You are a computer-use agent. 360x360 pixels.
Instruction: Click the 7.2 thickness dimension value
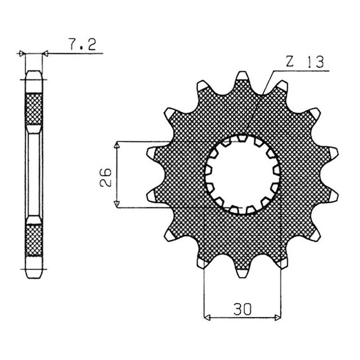click(82, 44)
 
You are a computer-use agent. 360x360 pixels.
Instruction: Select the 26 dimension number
click(106, 177)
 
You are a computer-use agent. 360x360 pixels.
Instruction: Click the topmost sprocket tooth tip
click(243, 73)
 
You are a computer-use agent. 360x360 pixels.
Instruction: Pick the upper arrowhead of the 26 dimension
click(117, 144)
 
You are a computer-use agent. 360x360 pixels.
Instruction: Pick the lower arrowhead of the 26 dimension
click(117, 204)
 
